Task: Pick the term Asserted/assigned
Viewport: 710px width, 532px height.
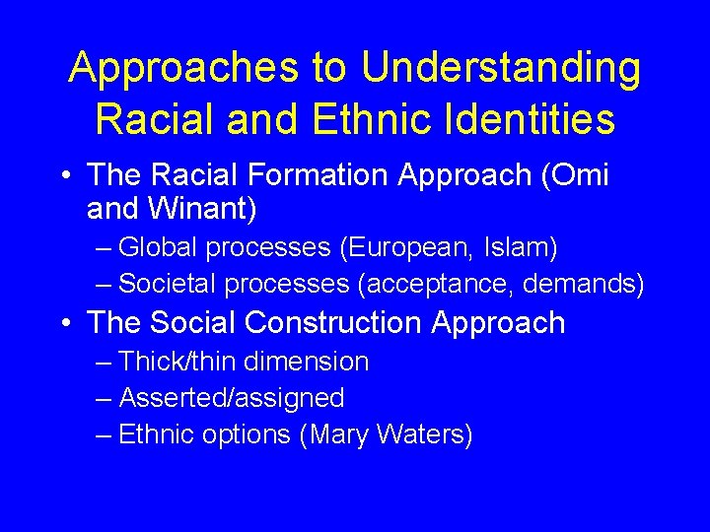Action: [x=231, y=398]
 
